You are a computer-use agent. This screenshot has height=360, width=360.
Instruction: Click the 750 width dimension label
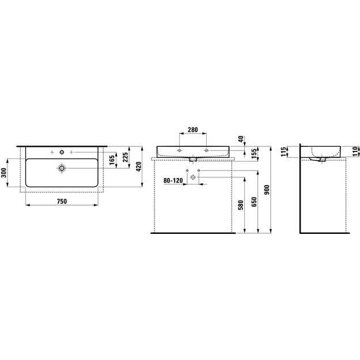coord(62,202)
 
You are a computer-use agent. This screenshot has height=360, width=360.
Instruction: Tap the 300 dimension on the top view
coord(3,172)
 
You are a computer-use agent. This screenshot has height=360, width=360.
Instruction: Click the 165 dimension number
coord(112,160)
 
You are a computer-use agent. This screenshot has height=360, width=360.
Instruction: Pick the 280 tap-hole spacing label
coord(192,130)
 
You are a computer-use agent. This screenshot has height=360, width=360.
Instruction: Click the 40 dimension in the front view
coord(241,139)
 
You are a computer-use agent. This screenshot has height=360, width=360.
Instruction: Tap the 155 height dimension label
coord(254,154)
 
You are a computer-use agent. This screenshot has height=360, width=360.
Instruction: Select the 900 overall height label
coord(267,190)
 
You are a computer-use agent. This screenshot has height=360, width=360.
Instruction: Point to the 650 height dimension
coord(254,202)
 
